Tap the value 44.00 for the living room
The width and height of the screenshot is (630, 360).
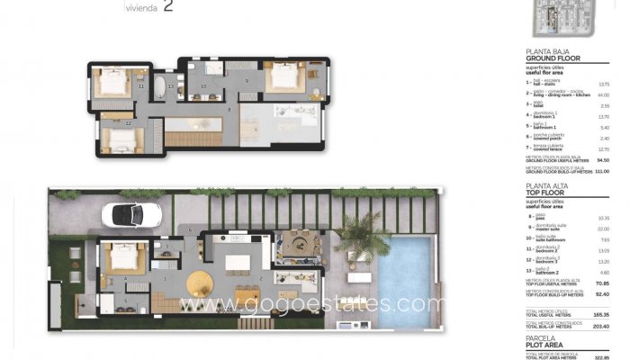click(x=603, y=94)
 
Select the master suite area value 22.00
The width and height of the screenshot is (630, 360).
click(x=603, y=229)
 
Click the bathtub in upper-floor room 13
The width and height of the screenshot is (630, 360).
click(x=170, y=87)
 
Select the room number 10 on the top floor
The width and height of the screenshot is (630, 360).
click(x=204, y=87)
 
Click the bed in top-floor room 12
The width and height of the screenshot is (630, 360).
click(x=121, y=139)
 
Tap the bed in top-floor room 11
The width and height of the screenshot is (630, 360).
click(x=112, y=83)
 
